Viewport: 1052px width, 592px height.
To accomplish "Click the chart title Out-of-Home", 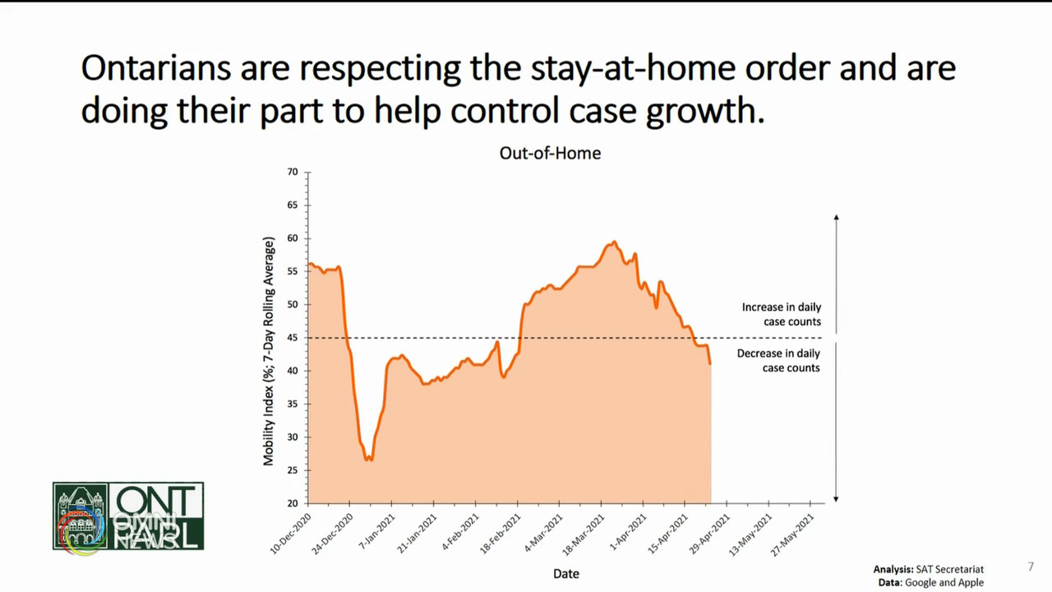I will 550,153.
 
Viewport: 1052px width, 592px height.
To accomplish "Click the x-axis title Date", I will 565,573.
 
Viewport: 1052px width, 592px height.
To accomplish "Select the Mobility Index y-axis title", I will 269,352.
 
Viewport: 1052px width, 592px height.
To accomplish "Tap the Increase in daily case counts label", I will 781,314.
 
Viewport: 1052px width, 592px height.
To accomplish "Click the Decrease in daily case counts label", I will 778,360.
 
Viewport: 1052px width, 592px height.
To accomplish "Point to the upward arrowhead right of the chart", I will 836,217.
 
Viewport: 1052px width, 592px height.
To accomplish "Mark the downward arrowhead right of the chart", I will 836,498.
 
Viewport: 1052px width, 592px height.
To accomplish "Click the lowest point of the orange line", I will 369,459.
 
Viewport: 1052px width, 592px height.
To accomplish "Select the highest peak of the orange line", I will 614,243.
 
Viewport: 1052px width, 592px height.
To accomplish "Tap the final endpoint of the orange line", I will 710,363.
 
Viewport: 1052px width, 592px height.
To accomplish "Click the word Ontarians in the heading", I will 155,68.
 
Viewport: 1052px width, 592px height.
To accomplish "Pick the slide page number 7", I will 1031,567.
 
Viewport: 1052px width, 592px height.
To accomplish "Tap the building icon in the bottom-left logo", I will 80,516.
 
